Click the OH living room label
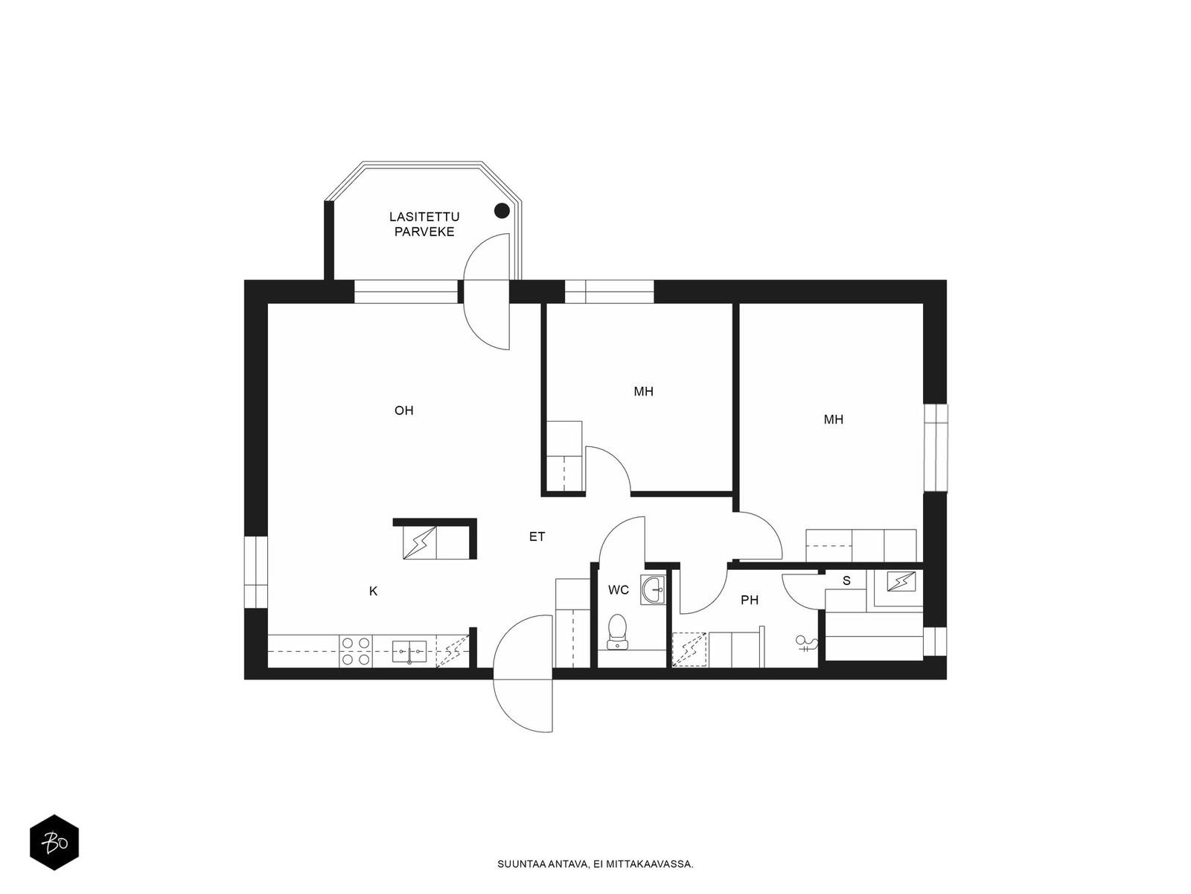(x=403, y=410)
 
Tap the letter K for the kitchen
(x=374, y=591)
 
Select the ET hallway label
(x=537, y=537)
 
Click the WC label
(x=619, y=590)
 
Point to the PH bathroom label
(x=750, y=600)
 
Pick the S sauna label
(x=846, y=581)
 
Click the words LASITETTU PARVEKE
(x=424, y=224)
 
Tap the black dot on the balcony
(x=502, y=211)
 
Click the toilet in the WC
(x=618, y=631)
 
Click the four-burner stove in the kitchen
(x=356, y=651)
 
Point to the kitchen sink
(x=409, y=651)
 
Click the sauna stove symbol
(x=901, y=582)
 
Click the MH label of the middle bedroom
(x=644, y=391)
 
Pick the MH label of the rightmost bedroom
(x=834, y=419)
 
